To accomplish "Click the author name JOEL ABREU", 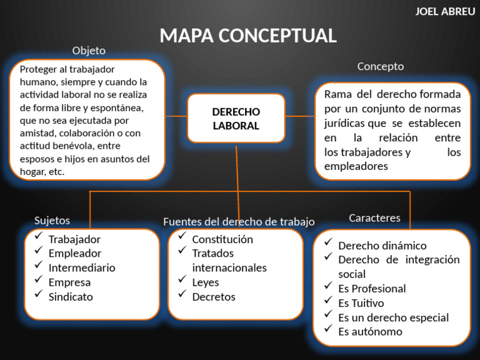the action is click(445, 12).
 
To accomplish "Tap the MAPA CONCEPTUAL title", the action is click(248, 36).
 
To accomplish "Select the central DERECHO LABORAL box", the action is click(236, 118).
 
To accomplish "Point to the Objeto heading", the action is click(89, 51).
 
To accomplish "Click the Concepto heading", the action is click(381, 67).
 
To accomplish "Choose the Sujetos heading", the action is click(52, 221).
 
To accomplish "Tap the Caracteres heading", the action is click(375, 218).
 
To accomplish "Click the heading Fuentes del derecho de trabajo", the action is click(239, 222).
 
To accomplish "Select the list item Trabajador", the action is click(74, 239).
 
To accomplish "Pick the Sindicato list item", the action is click(71, 297).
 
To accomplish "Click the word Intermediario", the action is click(82, 268).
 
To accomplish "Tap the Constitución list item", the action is click(222, 239).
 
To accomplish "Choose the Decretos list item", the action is click(214, 297).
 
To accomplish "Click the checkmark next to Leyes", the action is click(182, 279).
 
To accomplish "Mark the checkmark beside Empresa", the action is click(39, 279).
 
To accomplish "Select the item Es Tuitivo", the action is click(361, 303).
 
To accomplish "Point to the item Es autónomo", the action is click(370, 332).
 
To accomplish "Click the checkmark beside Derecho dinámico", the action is click(328, 242).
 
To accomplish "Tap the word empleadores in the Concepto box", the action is click(356, 166).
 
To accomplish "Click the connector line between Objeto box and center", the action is click(176, 116).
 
